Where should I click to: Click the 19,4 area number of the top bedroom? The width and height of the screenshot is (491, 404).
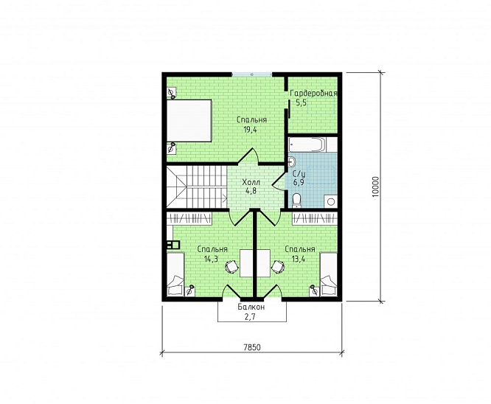250,129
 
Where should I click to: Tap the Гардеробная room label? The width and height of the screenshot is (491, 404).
313,94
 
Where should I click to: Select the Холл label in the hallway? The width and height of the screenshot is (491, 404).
251,182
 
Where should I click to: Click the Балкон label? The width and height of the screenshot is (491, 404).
251,307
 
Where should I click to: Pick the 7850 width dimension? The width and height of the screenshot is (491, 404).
252,347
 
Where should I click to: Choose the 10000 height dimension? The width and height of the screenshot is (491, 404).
376,187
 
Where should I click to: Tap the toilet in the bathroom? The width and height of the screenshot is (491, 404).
296,201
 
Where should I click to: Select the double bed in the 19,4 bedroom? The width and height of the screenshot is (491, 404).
189,121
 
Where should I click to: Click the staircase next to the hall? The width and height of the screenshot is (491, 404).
197,187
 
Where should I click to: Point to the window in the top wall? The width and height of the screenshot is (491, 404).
252,74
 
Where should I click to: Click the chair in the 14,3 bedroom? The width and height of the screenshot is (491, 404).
232,267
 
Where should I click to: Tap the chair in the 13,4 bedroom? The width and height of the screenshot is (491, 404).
278,267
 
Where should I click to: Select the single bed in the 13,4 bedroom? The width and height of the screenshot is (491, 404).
329,274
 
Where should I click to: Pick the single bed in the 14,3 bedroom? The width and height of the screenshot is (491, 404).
175,274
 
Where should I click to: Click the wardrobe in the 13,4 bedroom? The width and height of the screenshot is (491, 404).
315,218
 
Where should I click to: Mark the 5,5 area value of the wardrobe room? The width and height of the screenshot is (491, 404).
301,102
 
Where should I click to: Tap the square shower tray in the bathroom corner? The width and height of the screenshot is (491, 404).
331,201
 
